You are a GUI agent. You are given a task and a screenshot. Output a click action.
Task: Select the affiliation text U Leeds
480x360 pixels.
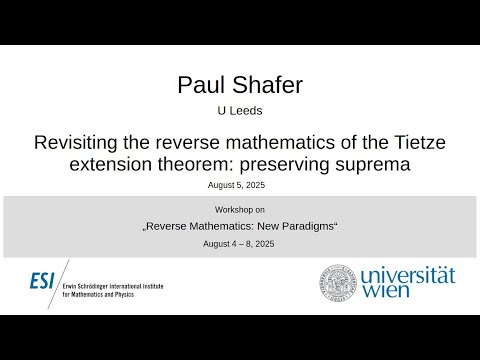pyautogui.click(x=239, y=114)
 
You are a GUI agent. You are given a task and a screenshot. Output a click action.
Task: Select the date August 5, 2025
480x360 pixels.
pyautogui.click(x=239, y=185)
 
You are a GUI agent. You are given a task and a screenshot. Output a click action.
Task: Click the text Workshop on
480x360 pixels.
pyautogui.click(x=239, y=210)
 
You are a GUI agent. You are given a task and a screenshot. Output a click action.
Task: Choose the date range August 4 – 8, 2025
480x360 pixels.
pyautogui.click(x=239, y=243)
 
